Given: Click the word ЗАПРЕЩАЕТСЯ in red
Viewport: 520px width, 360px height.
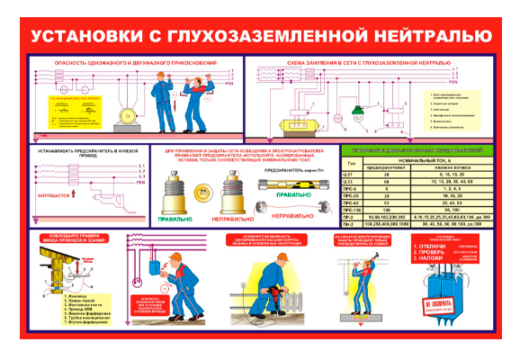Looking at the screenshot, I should (x=51, y=193).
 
